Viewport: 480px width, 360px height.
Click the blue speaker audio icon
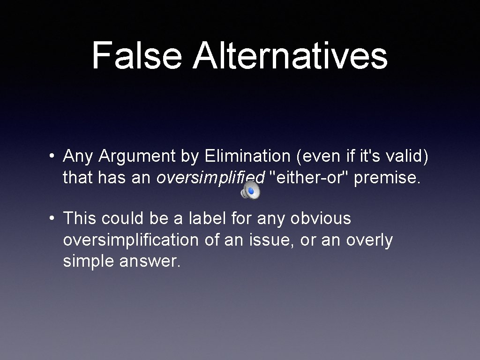pos(250,190)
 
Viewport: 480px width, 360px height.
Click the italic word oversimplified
pos(210,178)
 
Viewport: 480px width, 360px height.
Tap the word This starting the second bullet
pos(80,218)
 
